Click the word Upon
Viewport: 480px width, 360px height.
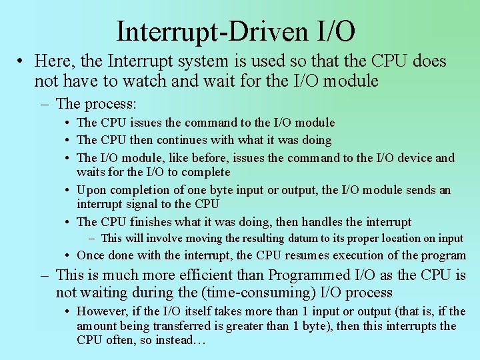[90, 190]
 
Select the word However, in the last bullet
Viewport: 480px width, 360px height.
[101, 311]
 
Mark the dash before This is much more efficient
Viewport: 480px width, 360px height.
[44, 275]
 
